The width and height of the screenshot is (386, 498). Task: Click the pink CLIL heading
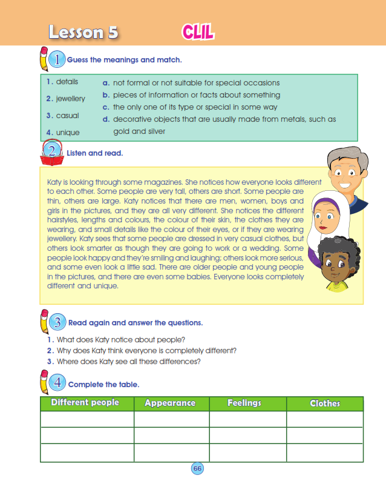pyautogui.click(x=197, y=32)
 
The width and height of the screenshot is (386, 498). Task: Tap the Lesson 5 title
pyautogui.click(x=83, y=32)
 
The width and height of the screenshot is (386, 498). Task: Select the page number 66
pyautogui.click(x=197, y=468)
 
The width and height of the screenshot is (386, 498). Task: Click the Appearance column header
pyautogui.click(x=170, y=403)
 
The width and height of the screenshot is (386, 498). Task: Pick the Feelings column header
pyautogui.click(x=244, y=403)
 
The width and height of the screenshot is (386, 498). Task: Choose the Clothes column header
pyautogui.click(x=325, y=403)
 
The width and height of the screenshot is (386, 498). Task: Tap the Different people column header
pyautogui.click(x=85, y=403)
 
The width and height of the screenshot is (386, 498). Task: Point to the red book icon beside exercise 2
pyautogui.click(x=52, y=152)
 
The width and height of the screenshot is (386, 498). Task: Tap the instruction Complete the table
pyautogui.click(x=103, y=384)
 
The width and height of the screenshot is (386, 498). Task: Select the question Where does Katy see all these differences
pyautogui.click(x=128, y=362)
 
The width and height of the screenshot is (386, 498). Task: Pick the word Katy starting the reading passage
pyautogui.click(x=54, y=182)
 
